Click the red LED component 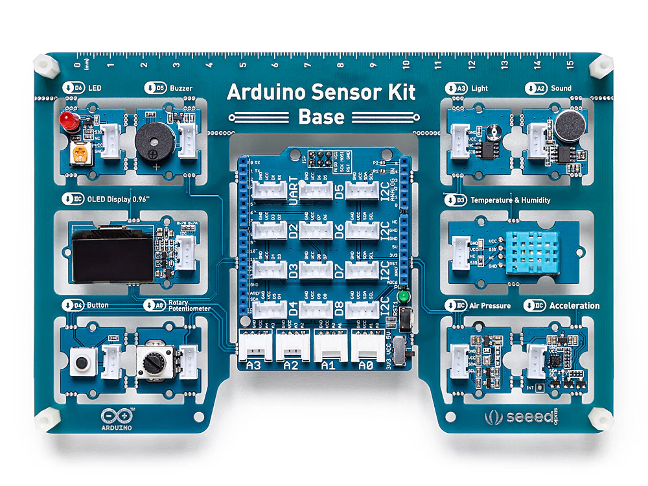click(66, 120)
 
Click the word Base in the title click(321, 117)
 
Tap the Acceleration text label click(574, 305)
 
